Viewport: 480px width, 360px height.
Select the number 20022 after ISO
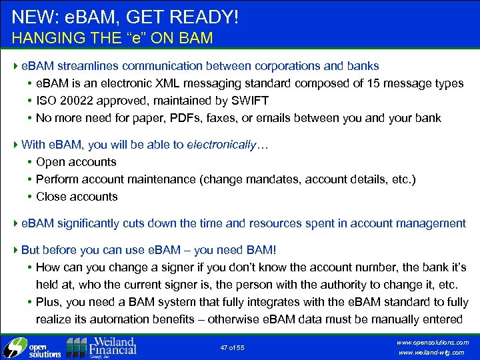coord(75,101)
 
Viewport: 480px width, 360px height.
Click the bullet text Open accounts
coord(76,162)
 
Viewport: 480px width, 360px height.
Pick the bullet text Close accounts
coord(77,197)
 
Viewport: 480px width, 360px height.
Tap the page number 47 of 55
coord(232,348)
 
